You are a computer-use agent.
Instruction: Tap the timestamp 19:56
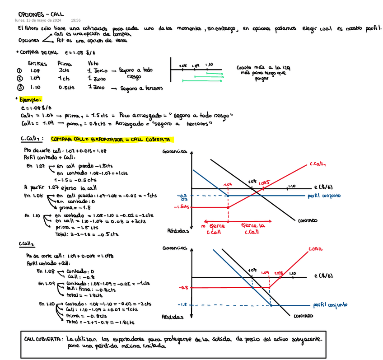coord(76,20)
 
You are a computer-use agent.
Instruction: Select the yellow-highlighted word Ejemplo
coord(29,99)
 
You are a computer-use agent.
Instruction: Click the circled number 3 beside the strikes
coord(19,87)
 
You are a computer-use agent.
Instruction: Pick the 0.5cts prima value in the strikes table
coord(66,87)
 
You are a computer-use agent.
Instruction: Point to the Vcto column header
coord(93,64)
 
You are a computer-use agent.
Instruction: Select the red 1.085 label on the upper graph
coord(264,183)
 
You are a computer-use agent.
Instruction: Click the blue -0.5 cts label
coord(183,196)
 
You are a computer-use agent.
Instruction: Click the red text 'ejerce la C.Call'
coord(252,229)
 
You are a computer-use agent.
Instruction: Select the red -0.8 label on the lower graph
coord(183,287)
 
